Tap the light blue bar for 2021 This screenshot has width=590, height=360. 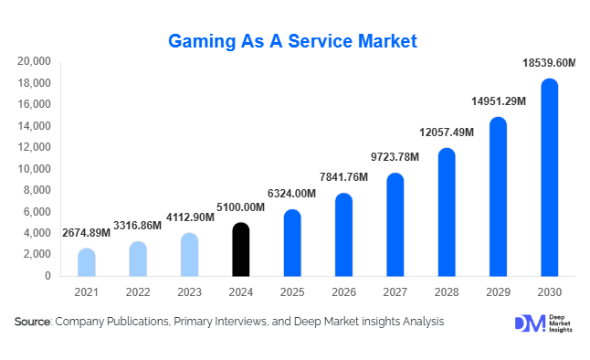(86, 262)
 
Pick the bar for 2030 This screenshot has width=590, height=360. (549, 178)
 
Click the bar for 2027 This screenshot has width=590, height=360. (394, 225)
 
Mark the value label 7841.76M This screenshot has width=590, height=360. (343, 177)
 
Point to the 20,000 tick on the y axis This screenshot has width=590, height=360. (34, 61)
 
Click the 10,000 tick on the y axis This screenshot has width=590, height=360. (34, 169)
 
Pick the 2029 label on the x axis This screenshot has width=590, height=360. (497, 291)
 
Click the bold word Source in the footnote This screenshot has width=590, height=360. (33, 322)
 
